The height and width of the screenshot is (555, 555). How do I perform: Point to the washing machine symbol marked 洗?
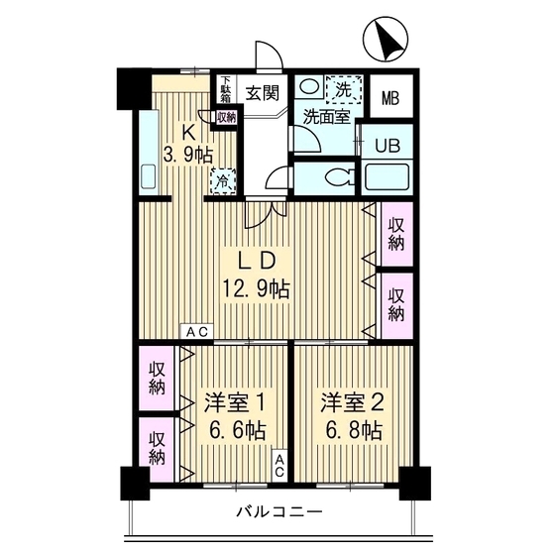(x=343, y=88)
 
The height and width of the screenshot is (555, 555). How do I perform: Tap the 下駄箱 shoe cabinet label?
(x=225, y=88)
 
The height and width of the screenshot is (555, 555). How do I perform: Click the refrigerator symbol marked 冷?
(x=223, y=181)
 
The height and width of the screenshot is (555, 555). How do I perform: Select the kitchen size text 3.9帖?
(x=188, y=156)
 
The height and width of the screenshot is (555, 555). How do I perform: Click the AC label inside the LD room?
(x=194, y=332)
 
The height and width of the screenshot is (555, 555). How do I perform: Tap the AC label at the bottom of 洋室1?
(x=281, y=465)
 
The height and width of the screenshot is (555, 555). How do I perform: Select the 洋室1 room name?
(x=234, y=404)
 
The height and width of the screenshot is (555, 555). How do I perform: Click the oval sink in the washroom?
(x=309, y=87)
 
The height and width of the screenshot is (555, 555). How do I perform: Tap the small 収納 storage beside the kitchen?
(x=227, y=117)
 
